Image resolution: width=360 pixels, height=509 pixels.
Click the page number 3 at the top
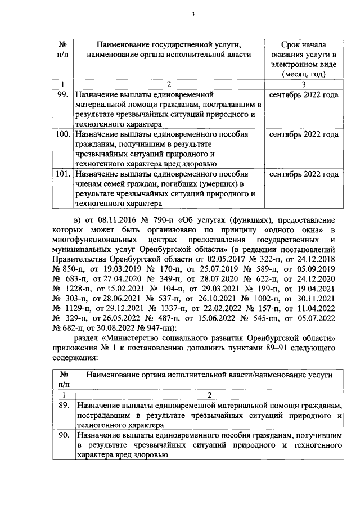click(x=192, y=15)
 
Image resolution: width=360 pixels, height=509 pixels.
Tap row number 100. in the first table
click(x=63, y=135)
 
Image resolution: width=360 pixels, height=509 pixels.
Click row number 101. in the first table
click(x=63, y=174)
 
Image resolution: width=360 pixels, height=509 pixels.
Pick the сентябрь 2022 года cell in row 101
click(x=304, y=174)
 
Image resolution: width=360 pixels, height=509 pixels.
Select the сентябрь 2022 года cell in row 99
click(x=304, y=95)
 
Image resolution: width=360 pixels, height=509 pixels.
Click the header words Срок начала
click(x=304, y=44)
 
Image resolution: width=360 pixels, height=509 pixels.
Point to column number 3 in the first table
click(x=304, y=84)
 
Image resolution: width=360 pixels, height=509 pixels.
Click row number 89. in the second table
click(x=64, y=406)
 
